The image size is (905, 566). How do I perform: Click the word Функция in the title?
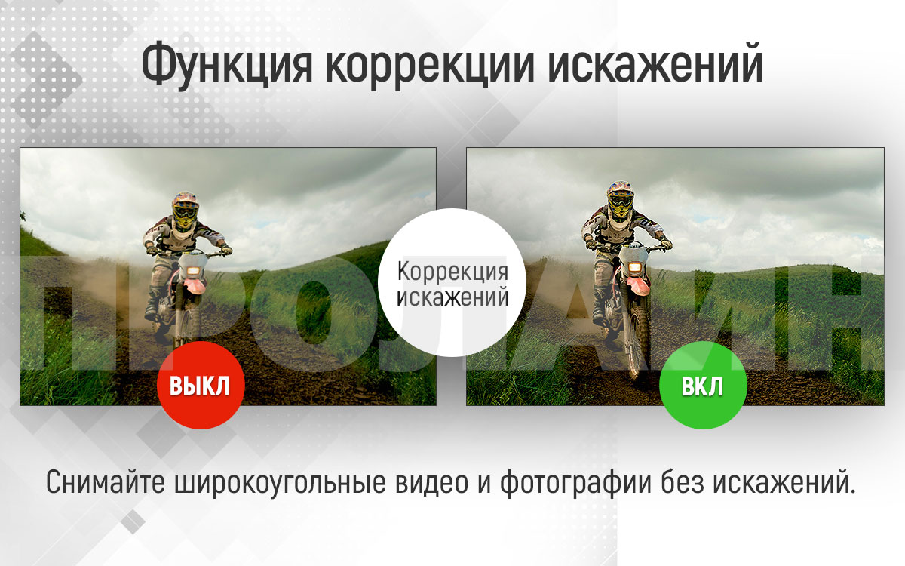click(x=227, y=65)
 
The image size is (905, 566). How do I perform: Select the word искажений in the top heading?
click(x=655, y=64)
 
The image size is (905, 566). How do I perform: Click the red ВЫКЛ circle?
click(x=201, y=385)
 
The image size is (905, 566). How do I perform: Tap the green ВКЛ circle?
click(x=703, y=385)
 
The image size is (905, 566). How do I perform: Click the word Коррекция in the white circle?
click(x=452, y=272)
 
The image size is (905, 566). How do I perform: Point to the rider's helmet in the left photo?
click(x=185, y=210)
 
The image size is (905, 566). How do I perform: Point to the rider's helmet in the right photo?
click(x=620, y=199)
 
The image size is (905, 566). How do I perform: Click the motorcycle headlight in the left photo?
click(x=194, y=270)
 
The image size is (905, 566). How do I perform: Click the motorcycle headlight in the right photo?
click(x=635, y=267)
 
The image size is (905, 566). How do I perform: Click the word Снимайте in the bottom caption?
click(x=106, y=482)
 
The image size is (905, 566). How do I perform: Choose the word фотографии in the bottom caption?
click(x=575, y=483)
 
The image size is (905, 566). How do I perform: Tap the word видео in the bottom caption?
click(x=431, y=482)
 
